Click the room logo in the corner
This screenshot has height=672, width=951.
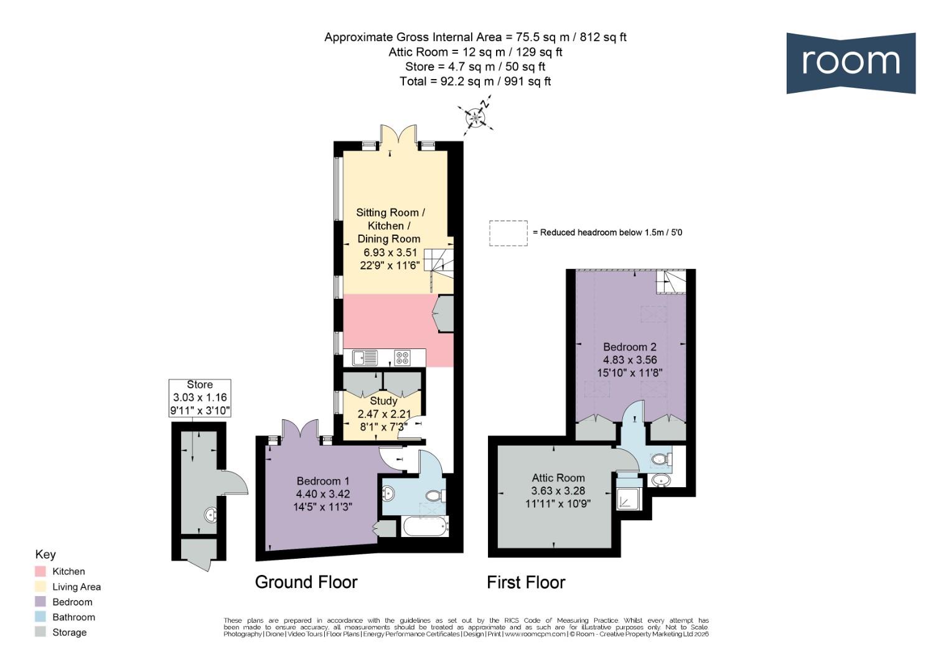pos(851,63)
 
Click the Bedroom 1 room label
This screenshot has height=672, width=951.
pos(323,481)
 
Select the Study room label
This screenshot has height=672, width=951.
pos(383,401)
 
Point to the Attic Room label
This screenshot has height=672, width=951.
pos(558,478)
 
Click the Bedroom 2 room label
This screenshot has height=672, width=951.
pos(630,347)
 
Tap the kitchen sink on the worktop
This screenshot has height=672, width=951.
pos(365,357)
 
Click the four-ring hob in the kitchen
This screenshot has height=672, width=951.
pos(402,357)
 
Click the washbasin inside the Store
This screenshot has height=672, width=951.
pos(211,515)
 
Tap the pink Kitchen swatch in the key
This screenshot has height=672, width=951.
pos(40,571)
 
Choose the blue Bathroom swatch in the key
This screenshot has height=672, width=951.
pos(40,617)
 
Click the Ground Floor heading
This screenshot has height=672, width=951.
pos(306,582)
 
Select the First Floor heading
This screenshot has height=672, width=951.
pos(526,582)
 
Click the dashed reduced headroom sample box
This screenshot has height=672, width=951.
pos(508,233)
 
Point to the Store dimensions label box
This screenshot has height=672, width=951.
pos(200,398)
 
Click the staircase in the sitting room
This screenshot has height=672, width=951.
pos(439,264)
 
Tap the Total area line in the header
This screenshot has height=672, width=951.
pos(475,81)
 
